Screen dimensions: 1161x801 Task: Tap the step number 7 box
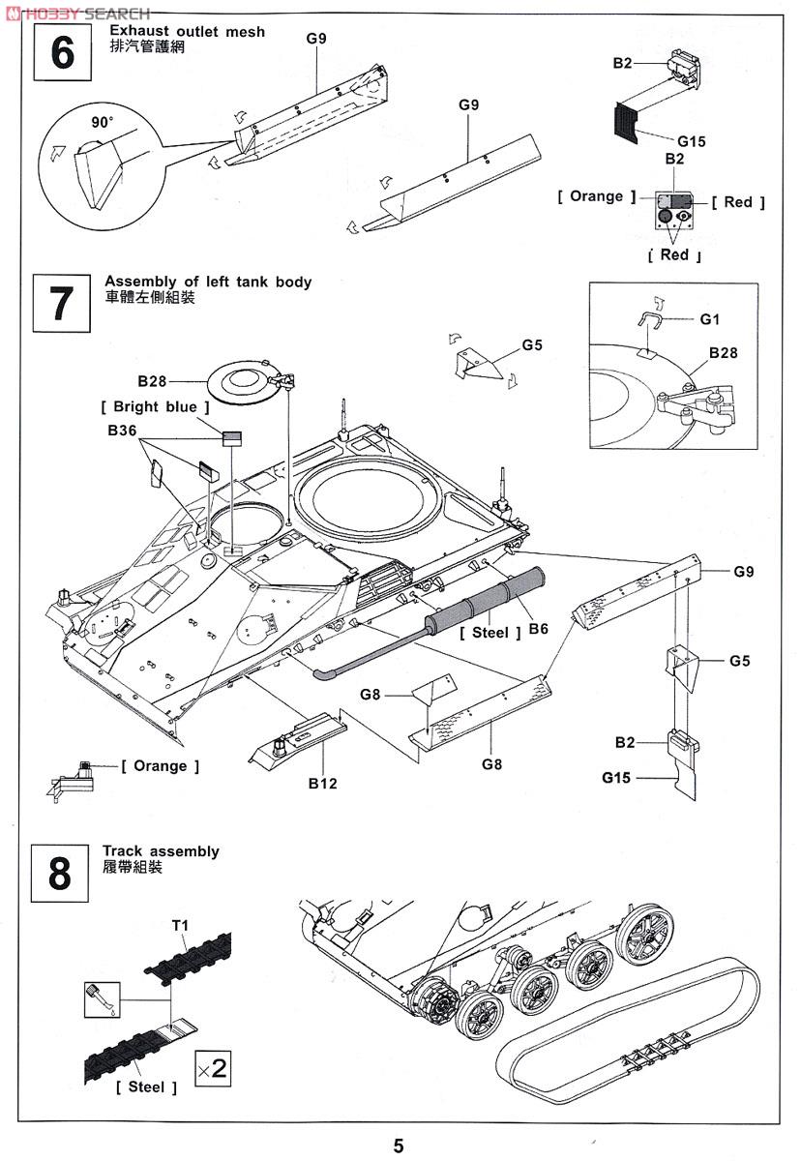[x=60, y=303]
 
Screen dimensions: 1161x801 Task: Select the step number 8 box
[x=60, y=874]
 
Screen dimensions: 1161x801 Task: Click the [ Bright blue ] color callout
[x=155, y=407]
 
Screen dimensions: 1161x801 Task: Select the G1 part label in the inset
[x=710, y=318]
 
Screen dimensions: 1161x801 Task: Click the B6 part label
[x=539, y=629]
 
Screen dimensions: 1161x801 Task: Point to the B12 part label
[x=323, y=783]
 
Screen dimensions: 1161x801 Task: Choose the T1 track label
[x=180, y=926]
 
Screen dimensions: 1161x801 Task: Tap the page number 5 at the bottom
[x=399, y=1146]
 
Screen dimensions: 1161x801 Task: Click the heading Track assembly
[x=162, y=851]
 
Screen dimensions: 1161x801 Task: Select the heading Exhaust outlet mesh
[x=187, y=32]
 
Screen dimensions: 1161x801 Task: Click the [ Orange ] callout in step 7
[x=161, y=766]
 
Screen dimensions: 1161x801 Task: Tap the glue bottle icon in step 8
[x=101, y=998]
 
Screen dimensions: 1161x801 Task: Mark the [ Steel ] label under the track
[x=146, y=1087]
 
